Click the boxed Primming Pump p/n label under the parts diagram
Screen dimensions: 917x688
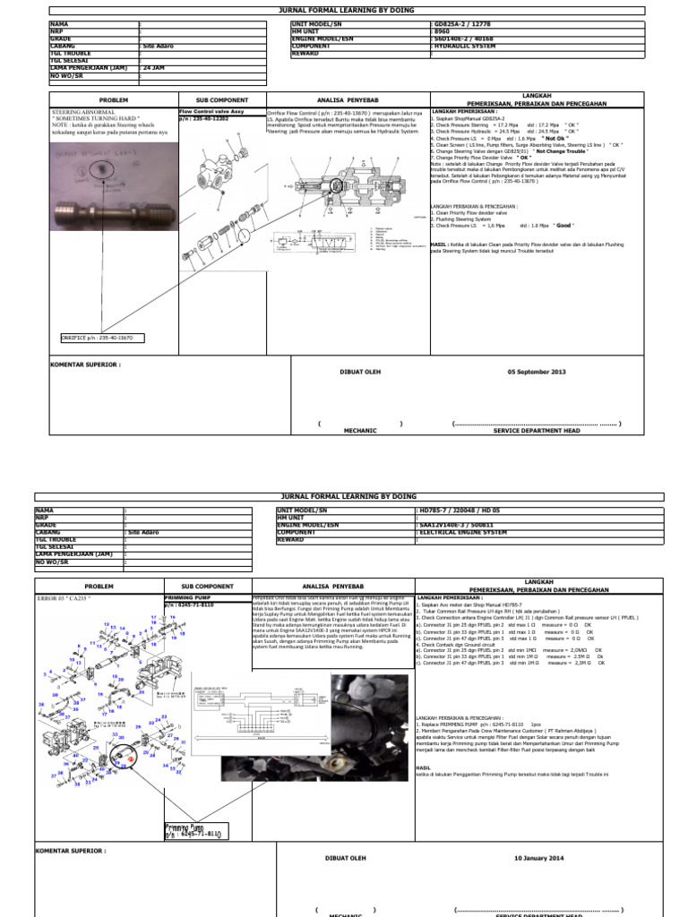tap(193, 832)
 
